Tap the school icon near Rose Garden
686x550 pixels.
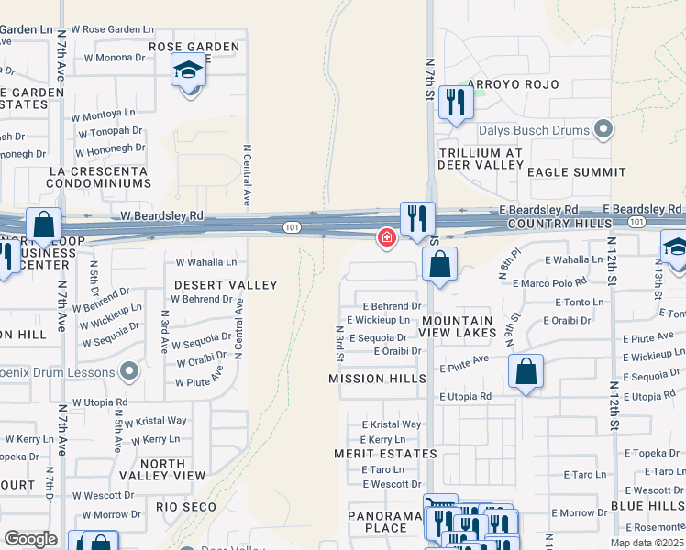(188, 70)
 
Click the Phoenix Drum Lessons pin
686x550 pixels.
(129, 372)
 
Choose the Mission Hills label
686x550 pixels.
(377, 379)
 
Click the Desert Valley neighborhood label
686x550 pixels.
(226, 285)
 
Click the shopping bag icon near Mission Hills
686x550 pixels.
(526, 372)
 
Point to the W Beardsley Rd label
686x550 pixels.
(161, 215)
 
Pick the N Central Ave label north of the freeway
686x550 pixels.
(246, 174)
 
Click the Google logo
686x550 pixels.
(30, 539)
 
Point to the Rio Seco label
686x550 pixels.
(186, 507)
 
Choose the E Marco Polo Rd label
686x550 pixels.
(549, 283)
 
